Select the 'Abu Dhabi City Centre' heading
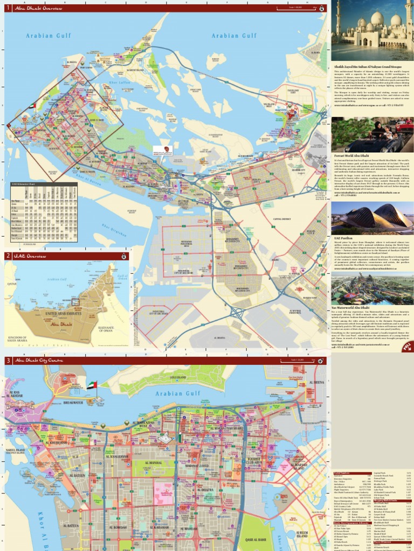(x=38, y=361)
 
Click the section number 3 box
(x=8, y=361)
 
